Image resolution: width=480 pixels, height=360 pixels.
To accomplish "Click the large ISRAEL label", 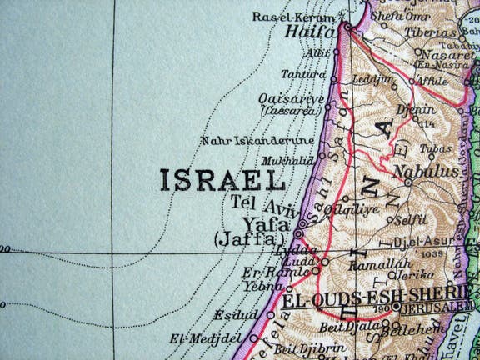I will pyautogui.click(x=222, y=179).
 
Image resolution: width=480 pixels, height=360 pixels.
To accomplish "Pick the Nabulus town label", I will pyautogui.click(x=426, y=172).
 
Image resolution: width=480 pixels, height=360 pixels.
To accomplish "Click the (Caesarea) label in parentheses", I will pyautogui.click(x=292, y=109).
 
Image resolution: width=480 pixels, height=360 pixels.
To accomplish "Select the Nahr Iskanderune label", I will pyautogui.click(x=257, y=141).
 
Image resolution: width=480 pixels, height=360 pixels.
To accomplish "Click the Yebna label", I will pyautogui.click(x=265, y=285).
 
